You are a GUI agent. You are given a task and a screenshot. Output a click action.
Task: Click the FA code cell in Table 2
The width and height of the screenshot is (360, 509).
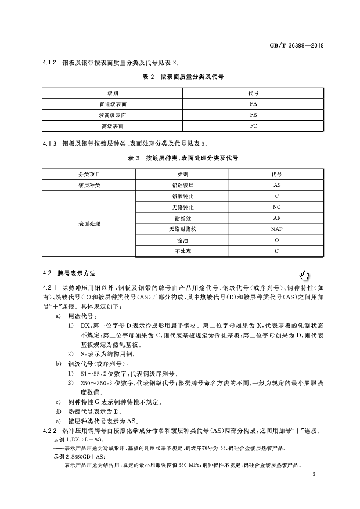253,103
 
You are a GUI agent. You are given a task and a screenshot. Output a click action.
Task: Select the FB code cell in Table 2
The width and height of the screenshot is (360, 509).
253,114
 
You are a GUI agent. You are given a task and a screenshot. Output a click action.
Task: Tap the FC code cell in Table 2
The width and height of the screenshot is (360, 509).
253,125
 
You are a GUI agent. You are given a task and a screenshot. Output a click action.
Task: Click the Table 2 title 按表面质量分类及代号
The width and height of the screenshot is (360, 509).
183,76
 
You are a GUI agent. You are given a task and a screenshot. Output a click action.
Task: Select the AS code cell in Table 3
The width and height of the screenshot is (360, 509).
276,185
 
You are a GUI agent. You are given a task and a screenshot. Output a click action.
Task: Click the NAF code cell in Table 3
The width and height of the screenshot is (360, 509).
276,229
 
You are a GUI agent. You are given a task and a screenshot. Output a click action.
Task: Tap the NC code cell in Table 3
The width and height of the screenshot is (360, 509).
276,207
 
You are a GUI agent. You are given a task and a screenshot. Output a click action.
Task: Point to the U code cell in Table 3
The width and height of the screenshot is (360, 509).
276,251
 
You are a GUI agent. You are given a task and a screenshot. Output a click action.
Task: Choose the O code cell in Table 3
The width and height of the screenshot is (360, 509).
276,240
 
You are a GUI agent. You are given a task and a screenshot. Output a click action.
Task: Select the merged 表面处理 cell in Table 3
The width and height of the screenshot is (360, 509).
89,223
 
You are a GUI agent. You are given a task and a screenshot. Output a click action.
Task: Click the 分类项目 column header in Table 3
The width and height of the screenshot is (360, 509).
89,174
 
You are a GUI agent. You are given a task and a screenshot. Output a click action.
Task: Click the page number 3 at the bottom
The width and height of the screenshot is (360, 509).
313,475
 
